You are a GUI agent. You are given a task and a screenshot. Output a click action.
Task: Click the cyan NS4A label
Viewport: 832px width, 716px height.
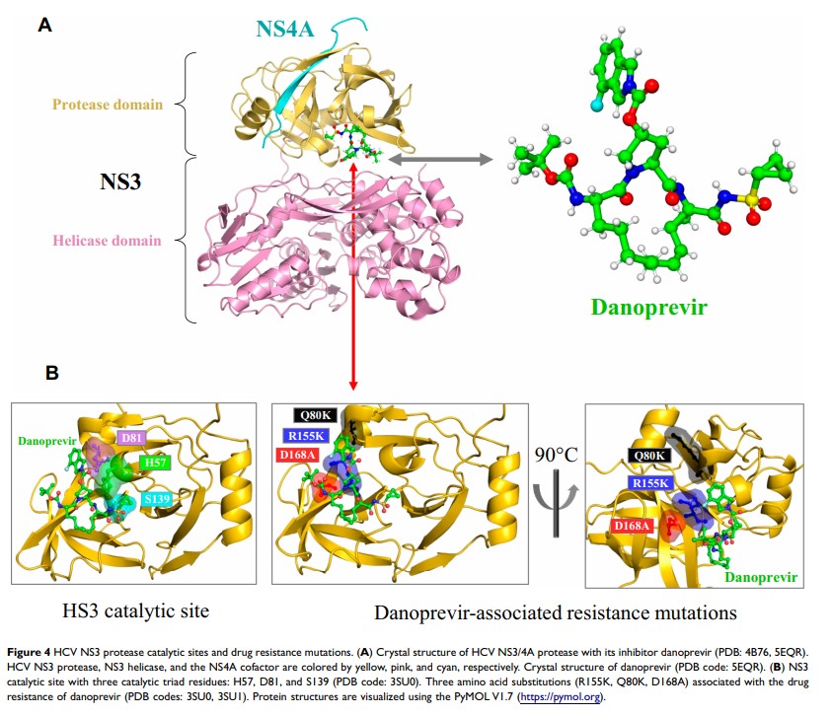coord(286,29)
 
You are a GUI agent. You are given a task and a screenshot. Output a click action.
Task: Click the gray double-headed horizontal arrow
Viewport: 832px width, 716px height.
coord(441,158)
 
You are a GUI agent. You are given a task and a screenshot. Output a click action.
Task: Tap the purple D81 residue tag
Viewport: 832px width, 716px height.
coord(129,437)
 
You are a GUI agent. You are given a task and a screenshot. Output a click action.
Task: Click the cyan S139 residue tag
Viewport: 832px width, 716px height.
coord(155,501)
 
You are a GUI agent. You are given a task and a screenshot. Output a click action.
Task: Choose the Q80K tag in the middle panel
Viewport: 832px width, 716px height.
coord(315,417)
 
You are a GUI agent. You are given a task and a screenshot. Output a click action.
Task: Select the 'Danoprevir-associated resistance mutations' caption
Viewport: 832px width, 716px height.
coord(556,612)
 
